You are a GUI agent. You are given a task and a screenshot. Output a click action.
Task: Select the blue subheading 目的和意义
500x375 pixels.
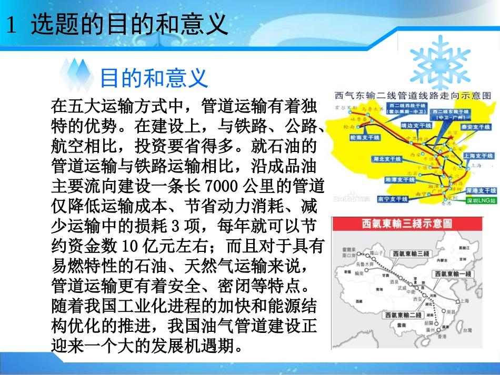coord(154,78)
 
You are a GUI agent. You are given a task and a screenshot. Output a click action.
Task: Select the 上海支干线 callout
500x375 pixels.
coord(478,156)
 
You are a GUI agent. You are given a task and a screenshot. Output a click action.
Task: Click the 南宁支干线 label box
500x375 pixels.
coord(393,199)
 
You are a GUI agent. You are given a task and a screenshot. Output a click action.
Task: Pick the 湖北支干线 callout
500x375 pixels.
coord(386,158)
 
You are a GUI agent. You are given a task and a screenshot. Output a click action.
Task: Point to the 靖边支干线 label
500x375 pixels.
coord(415,125)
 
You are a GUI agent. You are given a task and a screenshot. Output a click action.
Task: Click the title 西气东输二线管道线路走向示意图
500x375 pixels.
coord(413,96)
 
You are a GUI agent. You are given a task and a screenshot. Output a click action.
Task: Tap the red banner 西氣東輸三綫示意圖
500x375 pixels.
coord(407,224)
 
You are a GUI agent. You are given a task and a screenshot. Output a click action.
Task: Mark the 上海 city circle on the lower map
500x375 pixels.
coord(457,301)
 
